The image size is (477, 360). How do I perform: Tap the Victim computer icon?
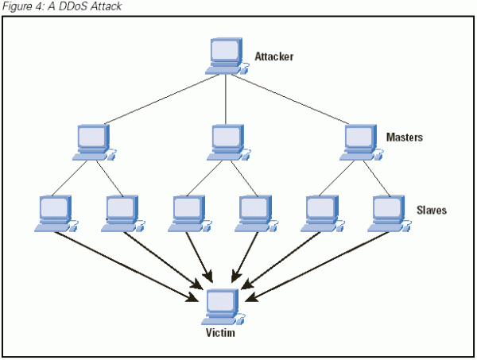[223, 307]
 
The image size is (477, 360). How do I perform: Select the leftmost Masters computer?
[94, 141]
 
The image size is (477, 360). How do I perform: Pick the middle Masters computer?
[227, 141]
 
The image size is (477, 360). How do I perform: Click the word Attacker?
[274, 57]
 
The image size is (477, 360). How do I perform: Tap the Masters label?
[404, 137]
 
